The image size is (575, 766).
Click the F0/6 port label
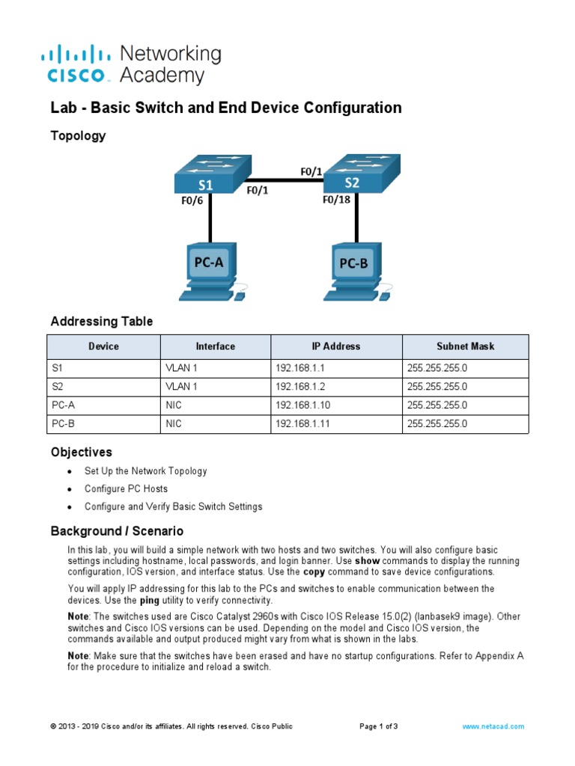[x=191, y=200]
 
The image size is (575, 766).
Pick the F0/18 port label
[x=336, y=200]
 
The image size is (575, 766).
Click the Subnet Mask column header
[x=465, y=346]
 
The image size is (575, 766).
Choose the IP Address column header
[x=336, y=346]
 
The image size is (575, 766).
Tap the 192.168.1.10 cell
[x=301, y=405]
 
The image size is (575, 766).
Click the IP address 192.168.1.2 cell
[x=298, y=387]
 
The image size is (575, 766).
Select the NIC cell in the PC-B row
[x=174, y=423]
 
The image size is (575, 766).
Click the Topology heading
[x=78, y=136]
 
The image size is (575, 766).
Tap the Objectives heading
[x=81, y=453]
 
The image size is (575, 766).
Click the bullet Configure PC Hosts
[x=126, y=488]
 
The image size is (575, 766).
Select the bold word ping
[x=150, y=600]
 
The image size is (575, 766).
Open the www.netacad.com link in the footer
[x=493, y=726]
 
